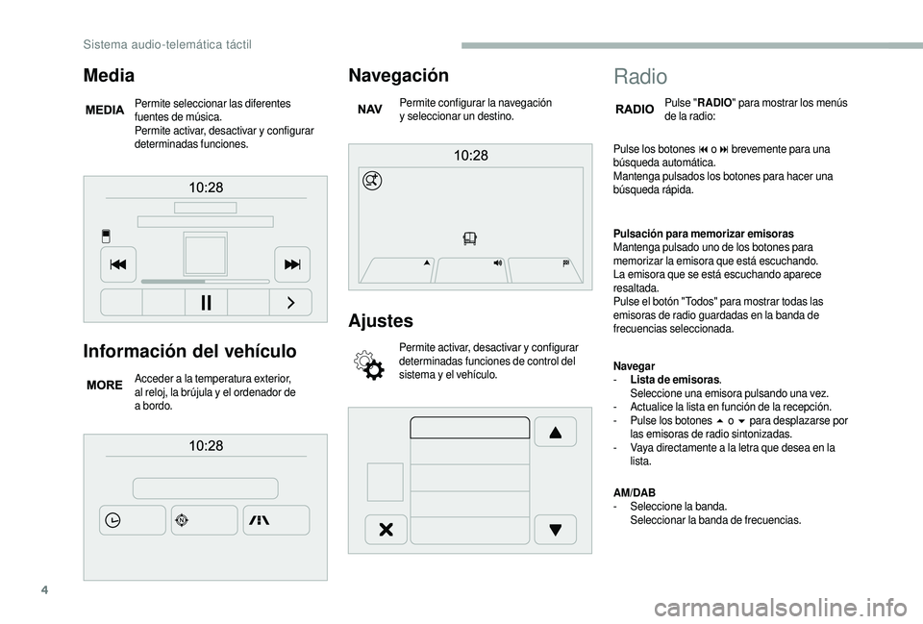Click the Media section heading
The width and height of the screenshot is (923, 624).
click(109, 74)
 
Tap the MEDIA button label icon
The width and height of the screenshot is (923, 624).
click(105, 111)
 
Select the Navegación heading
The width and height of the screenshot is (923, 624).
click(398, 75)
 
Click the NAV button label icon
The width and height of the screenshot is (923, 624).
click(370, 111)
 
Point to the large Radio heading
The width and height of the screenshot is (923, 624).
click(639, 77)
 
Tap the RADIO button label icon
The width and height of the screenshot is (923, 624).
click(635, 110)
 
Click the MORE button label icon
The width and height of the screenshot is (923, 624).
click(105, 385)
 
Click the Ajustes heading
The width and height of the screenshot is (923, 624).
click(381, 320)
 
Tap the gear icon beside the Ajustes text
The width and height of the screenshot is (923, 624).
click(369, 365)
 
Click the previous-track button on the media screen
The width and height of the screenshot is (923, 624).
click(118, 263)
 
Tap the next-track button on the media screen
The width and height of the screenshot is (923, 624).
click(291, 263)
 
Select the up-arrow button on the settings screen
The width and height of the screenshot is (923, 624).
click(555, 432)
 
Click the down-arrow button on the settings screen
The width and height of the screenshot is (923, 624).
click(555, 530)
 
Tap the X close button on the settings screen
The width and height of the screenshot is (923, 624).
click(386, 530)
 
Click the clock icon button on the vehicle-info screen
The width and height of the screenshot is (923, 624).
click(132, 520)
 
